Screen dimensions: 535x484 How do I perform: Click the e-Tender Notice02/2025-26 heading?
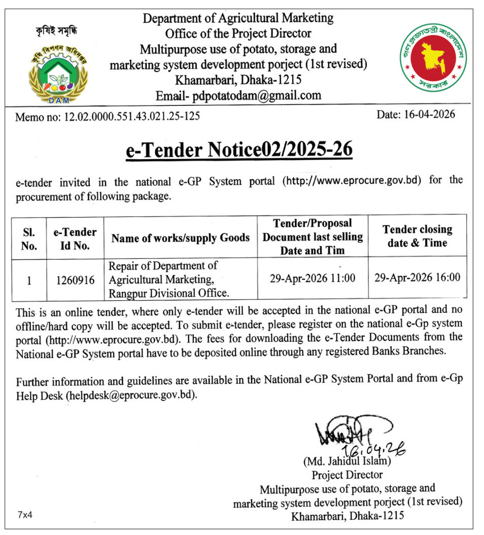[239, 151]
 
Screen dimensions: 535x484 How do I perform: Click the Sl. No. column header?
[29, 239]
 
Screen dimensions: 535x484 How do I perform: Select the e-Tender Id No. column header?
[75, 239]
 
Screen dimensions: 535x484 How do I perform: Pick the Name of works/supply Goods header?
[181, 238]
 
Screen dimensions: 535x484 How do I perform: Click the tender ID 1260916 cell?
[75, 279]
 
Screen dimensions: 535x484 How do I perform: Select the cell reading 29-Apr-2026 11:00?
[313, 278]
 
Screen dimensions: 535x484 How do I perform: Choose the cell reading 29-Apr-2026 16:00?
[417, 278]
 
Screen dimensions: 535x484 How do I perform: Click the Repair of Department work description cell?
[169, 279]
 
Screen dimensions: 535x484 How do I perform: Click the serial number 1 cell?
[29, 279]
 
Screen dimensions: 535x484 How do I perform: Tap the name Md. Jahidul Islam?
[347, 462]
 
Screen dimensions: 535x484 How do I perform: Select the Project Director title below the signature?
[347, 475]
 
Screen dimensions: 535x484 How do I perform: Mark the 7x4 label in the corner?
[25, 515]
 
